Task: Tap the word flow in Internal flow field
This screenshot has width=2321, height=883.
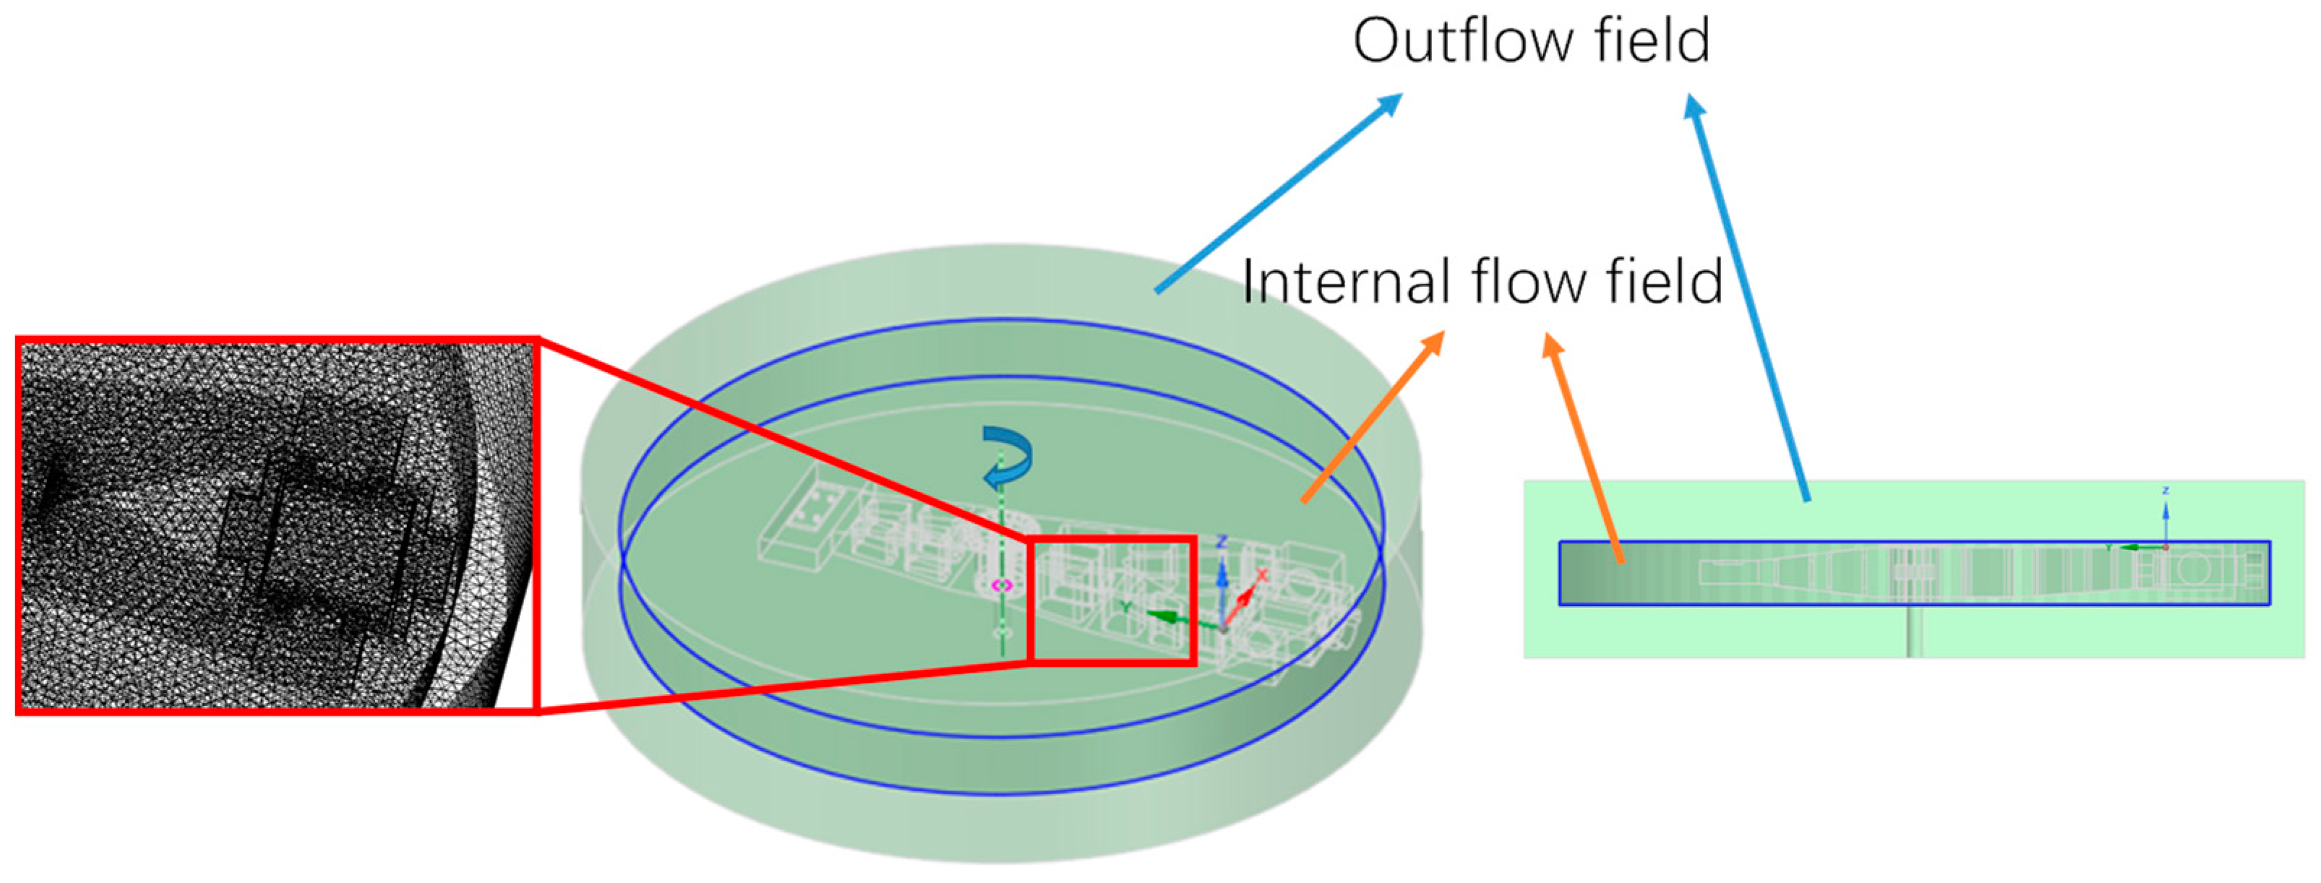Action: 1529,281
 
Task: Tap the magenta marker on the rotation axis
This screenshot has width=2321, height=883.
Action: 1002,586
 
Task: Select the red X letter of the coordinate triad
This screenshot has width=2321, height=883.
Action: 1262,574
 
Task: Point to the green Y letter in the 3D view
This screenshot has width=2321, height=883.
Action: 1126,607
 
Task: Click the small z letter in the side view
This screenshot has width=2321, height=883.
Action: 2165,491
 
